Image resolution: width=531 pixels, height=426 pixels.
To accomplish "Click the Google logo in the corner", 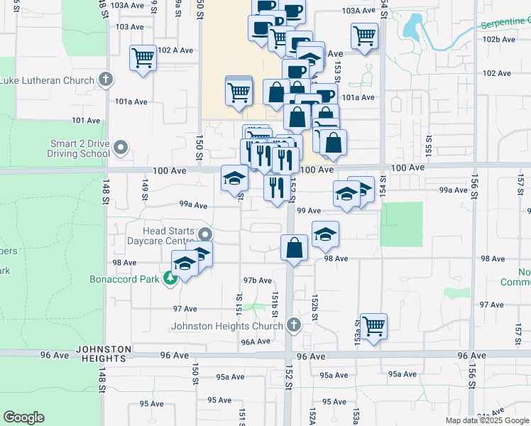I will tap(24, 417).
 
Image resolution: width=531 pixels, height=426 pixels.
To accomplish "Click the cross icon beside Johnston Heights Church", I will tap(294, 326).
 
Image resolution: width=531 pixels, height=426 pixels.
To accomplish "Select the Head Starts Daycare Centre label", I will tap(155, 236).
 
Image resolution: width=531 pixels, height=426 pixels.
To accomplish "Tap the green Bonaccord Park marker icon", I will tap(170, 278).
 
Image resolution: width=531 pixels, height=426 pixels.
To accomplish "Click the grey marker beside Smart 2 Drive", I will tap(121, 148).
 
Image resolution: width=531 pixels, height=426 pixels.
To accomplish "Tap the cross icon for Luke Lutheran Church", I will tap(106, 80).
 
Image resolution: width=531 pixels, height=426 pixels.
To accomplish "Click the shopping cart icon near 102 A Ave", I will tap(143, 58).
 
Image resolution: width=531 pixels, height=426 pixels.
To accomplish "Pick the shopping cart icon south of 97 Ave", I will tap(373, 326).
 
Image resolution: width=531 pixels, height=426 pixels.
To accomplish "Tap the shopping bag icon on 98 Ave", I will tap(294, 248).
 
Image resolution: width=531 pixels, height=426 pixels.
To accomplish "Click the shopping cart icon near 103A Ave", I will tap(364, 35).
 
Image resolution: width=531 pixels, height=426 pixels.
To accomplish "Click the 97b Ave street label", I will tap(257, 280).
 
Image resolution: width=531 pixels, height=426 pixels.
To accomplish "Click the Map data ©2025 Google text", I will tap(486, 420).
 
